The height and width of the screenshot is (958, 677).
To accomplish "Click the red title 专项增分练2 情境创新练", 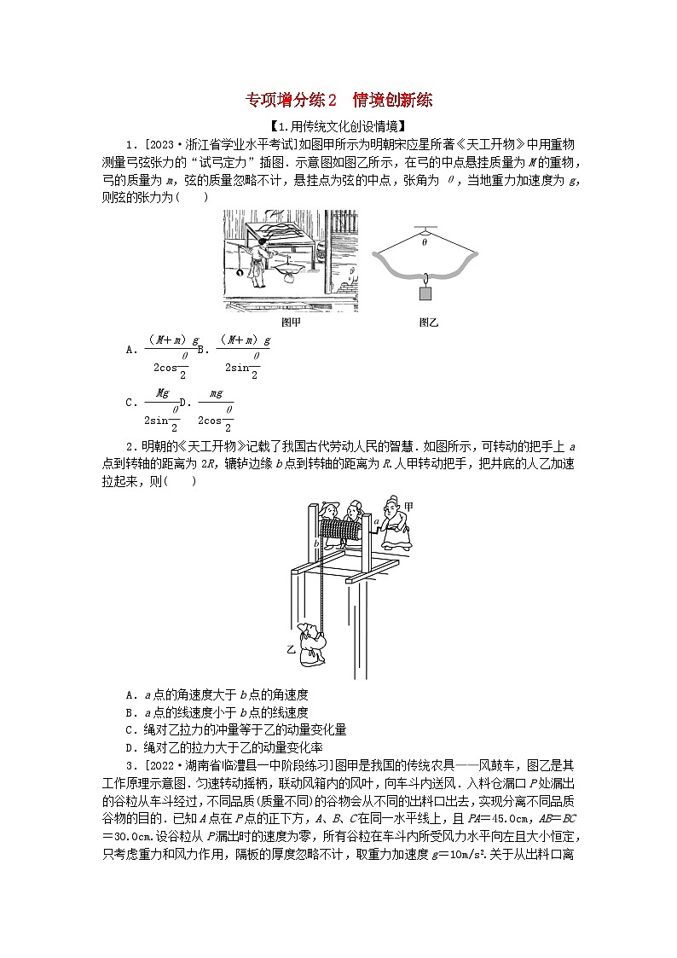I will pos(339,100).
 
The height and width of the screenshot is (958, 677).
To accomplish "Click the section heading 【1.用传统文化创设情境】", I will pos(338,127).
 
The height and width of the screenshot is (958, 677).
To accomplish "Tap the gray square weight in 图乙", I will pos(425,293).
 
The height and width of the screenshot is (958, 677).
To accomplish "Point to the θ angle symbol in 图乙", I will pos(424,241).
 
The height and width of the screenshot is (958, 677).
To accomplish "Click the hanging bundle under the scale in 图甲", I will pos(289,275).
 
